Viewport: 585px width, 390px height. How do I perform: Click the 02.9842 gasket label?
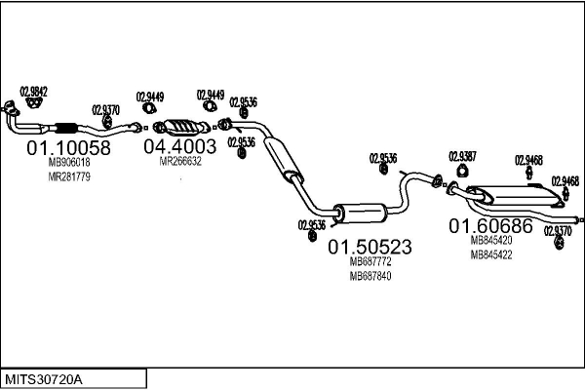click(34, 91)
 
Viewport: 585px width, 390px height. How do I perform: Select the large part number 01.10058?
click(68, 147)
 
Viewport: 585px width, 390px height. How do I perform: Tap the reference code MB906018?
click(68, 163)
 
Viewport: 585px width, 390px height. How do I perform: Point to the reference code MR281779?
click(68, 176)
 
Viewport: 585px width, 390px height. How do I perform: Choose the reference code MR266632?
click(180, 162)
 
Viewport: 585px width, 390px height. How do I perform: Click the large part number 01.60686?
click(490, 225)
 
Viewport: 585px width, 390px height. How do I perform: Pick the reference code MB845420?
click(491, 240)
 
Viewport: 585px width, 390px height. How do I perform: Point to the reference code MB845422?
click(491, 253)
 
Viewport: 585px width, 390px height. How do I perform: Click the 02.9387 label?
click(462, 156)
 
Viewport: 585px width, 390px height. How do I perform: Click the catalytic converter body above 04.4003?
click(182, 126)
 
